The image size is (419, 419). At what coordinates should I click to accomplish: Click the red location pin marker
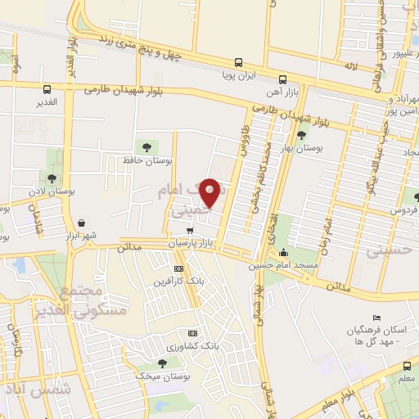(x=210, y=191)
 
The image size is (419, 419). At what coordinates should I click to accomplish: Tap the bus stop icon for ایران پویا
(x=238, y=61)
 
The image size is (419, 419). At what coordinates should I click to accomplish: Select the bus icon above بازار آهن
(x=282, y=80)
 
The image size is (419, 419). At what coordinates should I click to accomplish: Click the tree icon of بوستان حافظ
(x=146, y=147)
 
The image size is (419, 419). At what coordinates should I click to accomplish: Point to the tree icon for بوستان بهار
(x=302, y=135)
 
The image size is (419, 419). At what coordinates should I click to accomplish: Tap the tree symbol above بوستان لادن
(x=52, y=178)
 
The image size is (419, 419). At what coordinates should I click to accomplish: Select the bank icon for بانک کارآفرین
(x=179, y=269)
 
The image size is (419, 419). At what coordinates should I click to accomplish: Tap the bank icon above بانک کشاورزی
(x=192, y=333)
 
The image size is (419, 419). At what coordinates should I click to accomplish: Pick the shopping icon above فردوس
(x=416, y=197)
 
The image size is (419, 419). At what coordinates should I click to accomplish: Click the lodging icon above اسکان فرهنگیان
(x=376, y=318)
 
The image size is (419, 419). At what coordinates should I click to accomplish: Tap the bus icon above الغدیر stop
(x=47, y=89)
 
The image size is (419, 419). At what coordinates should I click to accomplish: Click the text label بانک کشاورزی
(x=192, y=347)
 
